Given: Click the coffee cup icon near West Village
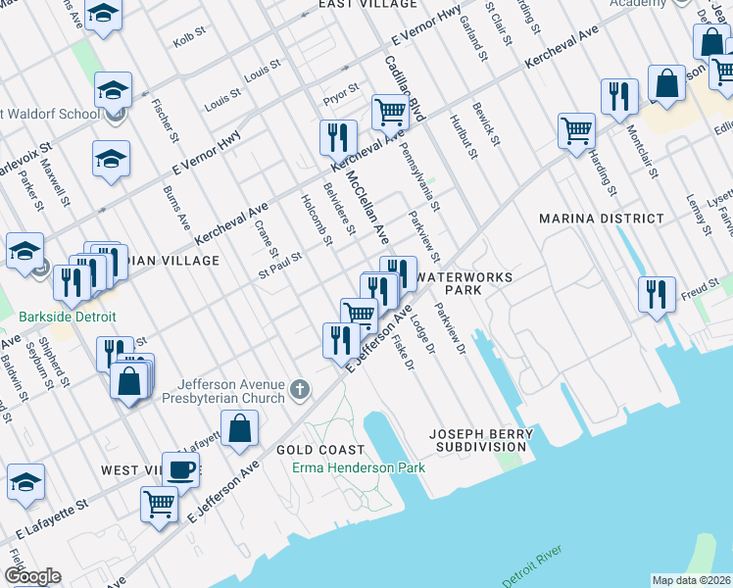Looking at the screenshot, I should [180, 468].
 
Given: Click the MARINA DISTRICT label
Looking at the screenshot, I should [601, 219].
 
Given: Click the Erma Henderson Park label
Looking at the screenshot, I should [359, 467].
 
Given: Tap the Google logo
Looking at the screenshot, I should [32, 576].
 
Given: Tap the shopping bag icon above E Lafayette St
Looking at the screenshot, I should [239, 428].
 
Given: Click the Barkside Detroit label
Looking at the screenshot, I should [68, 318].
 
